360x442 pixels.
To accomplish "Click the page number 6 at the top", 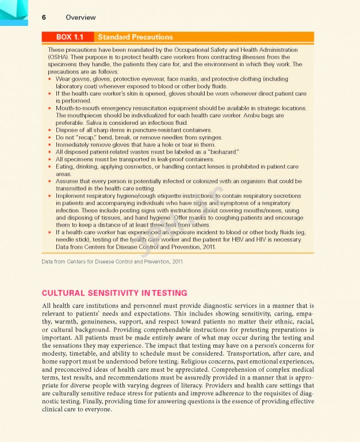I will click(44, 17).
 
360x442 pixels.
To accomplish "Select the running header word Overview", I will click(81, 17).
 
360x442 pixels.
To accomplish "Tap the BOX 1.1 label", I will click(67, 37).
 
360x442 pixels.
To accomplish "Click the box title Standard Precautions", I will click(135, 37).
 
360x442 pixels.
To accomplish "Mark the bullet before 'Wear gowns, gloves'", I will click(50, 79).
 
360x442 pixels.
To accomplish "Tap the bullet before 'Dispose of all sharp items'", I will click(50, 130).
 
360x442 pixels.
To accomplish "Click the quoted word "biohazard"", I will click(219, 152).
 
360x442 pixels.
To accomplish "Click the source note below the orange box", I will click(112, 262).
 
